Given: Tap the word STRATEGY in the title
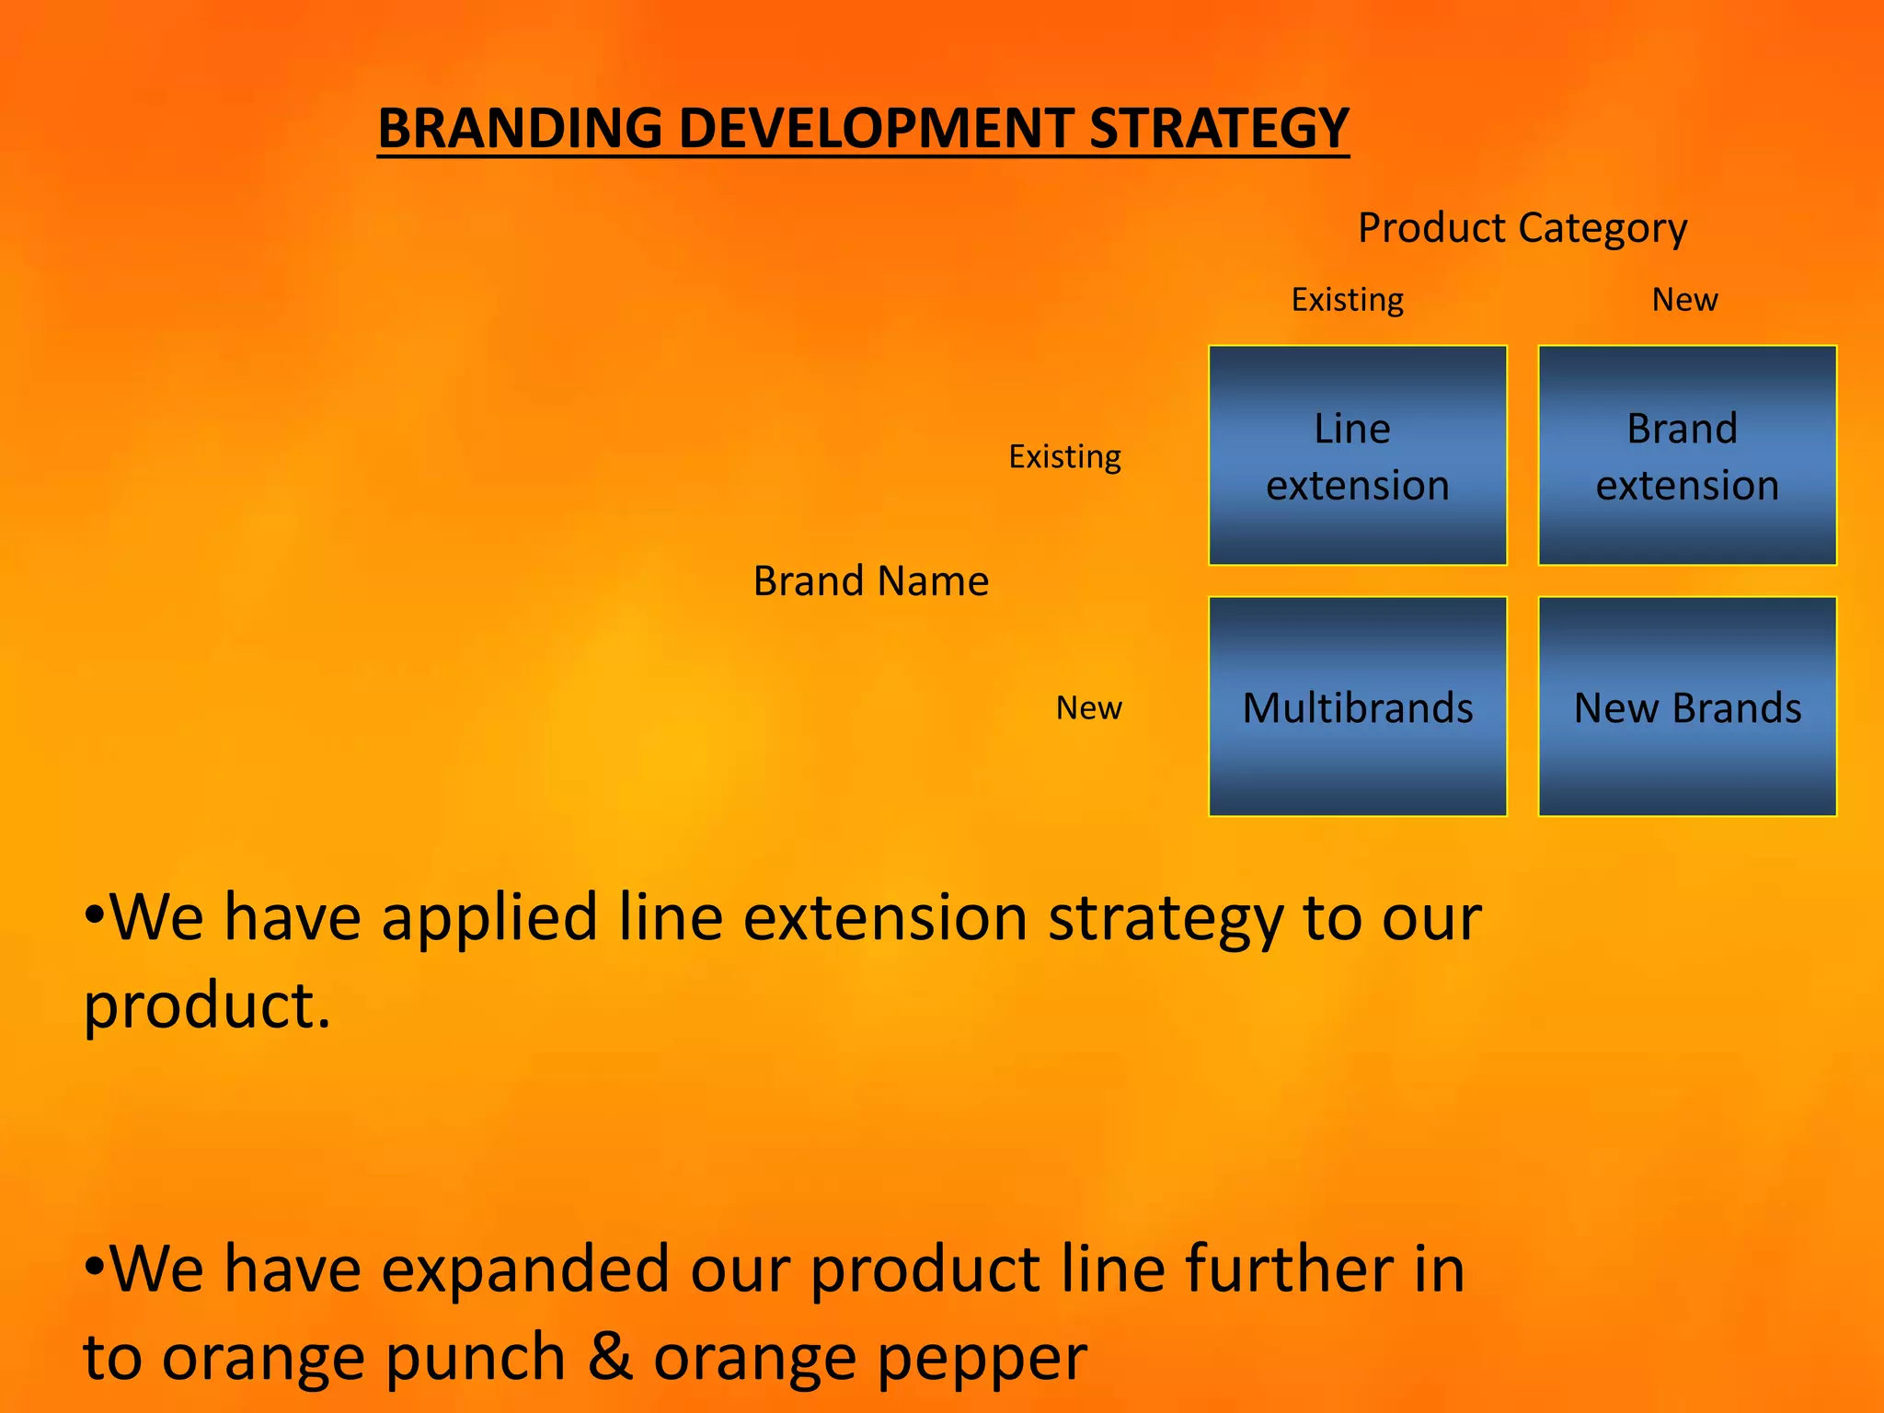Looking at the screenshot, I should (x=1219, y=128).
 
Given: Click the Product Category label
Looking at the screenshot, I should (x=1522, y=228).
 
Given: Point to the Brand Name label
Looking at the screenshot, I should (x=870, y=581).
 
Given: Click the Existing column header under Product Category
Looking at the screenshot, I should (x=1347, y=300).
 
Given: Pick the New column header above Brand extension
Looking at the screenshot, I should (x=1684, y=300).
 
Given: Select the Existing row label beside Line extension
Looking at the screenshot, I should (x=1064, y=456).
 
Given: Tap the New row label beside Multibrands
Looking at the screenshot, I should (x=1088, y=707).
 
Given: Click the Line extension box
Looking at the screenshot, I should (x=1357, y=455).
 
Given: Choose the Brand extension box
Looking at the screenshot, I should (x=1687, y=455).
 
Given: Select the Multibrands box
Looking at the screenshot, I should (x=1357, y=706).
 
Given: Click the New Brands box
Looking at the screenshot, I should (x=1687, y=706).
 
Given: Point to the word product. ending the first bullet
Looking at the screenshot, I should (x=206, y=1005).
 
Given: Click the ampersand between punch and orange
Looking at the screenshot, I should (x=609, y=1356).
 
